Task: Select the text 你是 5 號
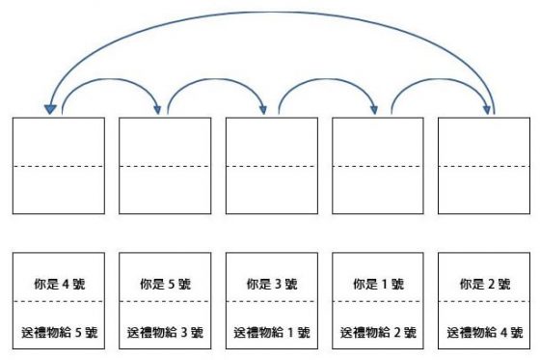[x=165, y=284]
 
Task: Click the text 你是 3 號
[x=271, y=284]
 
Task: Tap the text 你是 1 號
[x=378, y=284]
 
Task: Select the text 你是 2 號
[x=484, y=284]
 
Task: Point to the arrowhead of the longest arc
[x=47, y=108]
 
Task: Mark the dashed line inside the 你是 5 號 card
[x=165, y=301]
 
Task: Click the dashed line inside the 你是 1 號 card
[x=378, y=301]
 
